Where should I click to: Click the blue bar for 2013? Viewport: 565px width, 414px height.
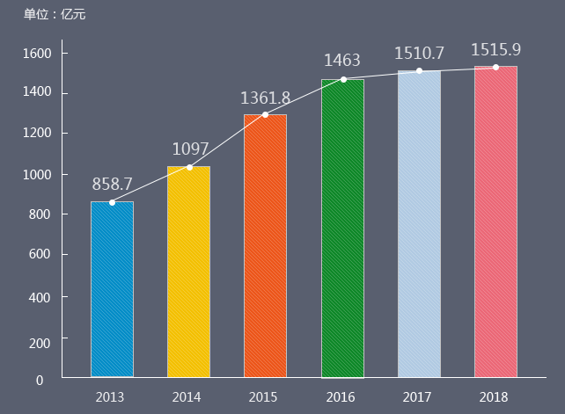point(112,290)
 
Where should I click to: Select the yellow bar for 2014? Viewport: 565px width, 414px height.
point(188,272)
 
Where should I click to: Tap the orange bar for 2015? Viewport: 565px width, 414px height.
point(265,246)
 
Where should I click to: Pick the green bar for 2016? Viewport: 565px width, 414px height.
point(342,229)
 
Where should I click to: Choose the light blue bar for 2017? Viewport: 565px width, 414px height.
point(419,224)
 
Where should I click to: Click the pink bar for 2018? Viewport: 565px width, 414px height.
point(495,222)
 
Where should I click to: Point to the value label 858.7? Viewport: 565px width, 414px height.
point(112,184)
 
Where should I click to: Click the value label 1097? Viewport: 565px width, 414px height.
point(189,149)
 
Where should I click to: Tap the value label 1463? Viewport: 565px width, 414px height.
point(342,61)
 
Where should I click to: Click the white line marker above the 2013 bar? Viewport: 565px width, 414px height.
point(112,202)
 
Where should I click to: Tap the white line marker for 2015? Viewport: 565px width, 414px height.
point(265,114)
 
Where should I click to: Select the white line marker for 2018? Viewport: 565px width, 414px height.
point(495,67)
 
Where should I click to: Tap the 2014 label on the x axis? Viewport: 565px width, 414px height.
point(187,397)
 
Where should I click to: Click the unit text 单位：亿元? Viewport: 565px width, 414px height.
point(55,14)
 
